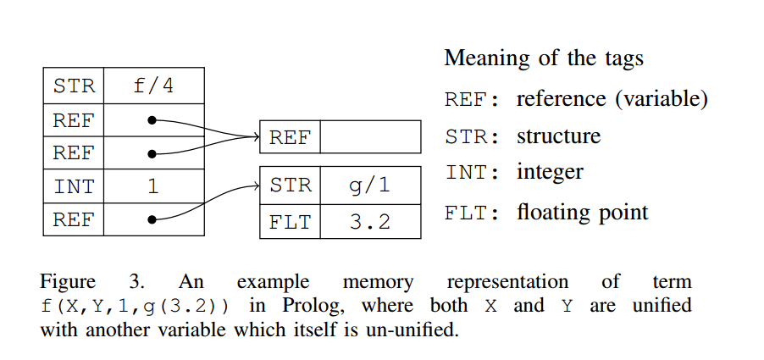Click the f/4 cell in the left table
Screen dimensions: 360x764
[153, 86]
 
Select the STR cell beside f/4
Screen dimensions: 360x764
[75, 86]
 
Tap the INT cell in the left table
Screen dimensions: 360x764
[75, 186]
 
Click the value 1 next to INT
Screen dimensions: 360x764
[153, 186]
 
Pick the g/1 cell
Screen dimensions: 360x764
[369, 186]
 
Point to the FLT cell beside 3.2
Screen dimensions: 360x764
[291, 222]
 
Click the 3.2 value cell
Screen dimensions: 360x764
[369, 222]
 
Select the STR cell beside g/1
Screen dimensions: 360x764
[291, 186]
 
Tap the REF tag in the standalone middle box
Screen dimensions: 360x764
[291, 137]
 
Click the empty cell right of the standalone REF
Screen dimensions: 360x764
[370, 137]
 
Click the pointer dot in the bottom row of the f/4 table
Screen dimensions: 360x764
[152, 220]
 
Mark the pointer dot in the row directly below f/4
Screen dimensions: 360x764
[152, 119]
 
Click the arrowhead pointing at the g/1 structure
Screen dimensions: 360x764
[257, 185]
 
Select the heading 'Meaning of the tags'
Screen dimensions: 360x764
[544, 58]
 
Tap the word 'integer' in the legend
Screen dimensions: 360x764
[550, 172]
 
